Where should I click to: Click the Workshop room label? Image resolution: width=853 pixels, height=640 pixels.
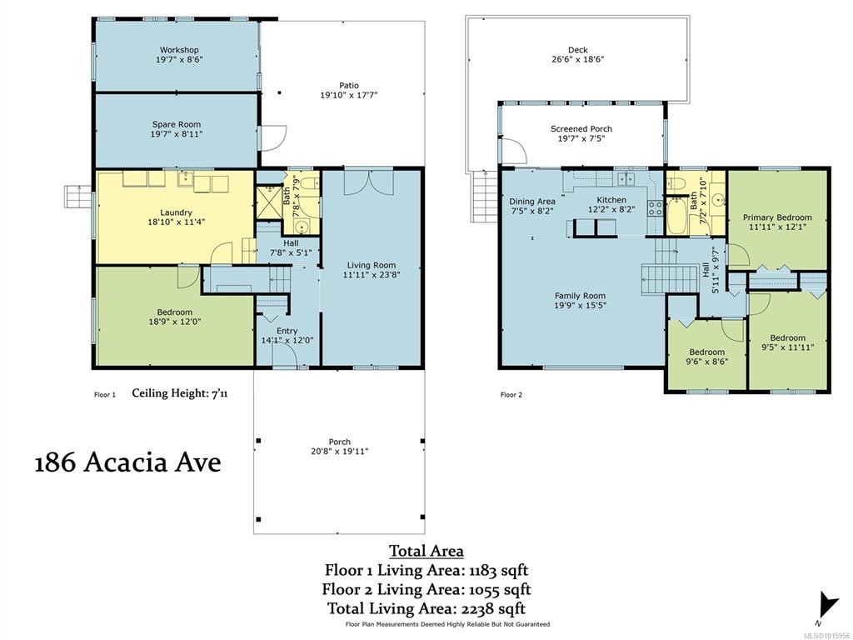coord(179,50)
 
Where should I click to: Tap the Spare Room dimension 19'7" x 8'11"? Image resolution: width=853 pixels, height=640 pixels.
coord(177,134)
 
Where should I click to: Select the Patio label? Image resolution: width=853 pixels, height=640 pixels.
coord(349,86)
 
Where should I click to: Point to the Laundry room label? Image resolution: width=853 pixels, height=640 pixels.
coord(176,212)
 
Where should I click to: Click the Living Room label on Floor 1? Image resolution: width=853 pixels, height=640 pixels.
coord(372,266)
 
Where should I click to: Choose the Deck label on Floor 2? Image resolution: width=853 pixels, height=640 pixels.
coord(578,50)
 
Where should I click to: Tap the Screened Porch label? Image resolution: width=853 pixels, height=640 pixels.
coord(581,129)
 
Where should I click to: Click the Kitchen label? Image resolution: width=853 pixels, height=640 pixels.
coord(611,200)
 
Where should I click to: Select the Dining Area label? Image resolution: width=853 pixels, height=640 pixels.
coord(532,202)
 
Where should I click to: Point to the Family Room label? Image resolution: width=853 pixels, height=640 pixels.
coord(580,296)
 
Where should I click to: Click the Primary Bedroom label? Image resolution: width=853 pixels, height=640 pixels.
coord(777,217)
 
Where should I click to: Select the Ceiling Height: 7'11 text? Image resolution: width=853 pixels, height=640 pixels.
coord(180,393)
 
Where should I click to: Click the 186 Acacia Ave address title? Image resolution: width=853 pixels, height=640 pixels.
coord(127,463)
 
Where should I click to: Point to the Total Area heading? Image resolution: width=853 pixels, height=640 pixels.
coord(426,551)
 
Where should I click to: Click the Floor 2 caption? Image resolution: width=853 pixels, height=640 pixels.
coord(511,394)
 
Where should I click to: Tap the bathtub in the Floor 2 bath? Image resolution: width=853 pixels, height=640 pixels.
coord(677,216)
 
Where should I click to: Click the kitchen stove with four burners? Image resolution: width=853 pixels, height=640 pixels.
coord(655,207)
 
